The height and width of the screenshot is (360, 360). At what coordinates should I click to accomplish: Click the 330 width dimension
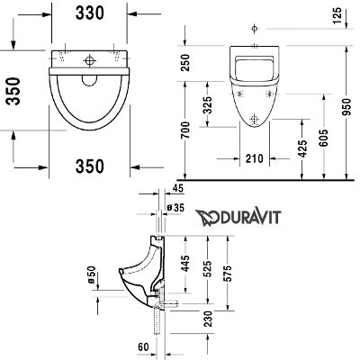coord(89,13)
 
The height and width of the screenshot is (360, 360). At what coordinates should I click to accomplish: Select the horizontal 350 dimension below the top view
coord(90,166)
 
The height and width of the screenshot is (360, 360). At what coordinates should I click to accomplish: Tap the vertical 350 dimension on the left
coord(13,91)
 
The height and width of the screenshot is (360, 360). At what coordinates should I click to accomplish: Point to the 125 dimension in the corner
coord(337,15)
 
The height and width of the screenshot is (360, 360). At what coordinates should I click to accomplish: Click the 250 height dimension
coord(186,62)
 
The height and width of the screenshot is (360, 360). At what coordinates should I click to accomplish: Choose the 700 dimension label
coord(186,130)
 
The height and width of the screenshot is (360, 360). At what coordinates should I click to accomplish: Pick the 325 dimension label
coord(207,105)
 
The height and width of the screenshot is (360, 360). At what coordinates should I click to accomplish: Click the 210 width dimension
coord(255,158)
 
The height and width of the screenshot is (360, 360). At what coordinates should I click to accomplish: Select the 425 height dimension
coord(303,148)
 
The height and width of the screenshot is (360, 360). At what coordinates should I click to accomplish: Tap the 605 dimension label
coord(324,138)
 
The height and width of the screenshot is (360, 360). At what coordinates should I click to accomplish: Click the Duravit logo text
coord(238,217)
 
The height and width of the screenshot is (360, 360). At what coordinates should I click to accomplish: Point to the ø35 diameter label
coord(175,207)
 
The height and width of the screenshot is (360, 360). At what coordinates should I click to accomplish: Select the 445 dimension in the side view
coord(186,264)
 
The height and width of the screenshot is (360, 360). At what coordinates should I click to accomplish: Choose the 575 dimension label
coord(229,273)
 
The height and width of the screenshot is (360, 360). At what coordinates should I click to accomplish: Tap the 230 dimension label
coord(207,319)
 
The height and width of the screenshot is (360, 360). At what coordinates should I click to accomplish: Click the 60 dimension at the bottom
coord(143,347)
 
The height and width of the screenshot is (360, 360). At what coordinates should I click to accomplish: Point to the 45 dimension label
coord(178,188)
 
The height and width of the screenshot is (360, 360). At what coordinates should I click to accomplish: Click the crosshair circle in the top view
coord(89,60)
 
